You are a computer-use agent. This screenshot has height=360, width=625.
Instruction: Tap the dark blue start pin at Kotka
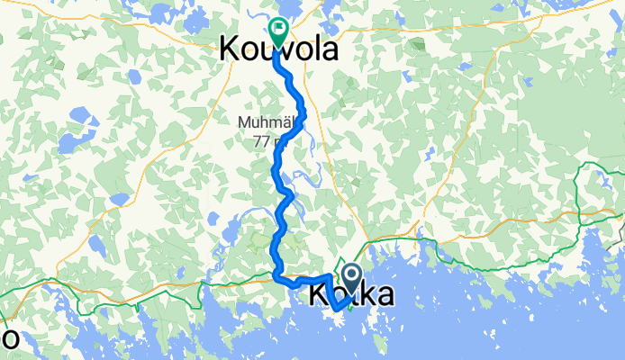(x=349, y=275)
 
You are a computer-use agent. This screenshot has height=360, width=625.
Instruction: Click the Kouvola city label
(x=279, y=49)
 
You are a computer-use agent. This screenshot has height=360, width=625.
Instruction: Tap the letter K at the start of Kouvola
(x=231, y=49)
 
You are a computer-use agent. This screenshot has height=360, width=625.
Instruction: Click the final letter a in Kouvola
(x=328, y=49)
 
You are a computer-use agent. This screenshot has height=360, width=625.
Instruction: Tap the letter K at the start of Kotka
(x=320, y=294)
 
